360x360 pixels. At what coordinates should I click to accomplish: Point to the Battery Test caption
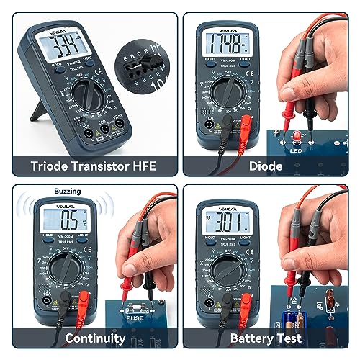pyautogui.click(x=266, y=338)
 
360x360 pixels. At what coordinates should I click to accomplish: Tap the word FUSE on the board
pyautogui.click(x=139, y=315)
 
